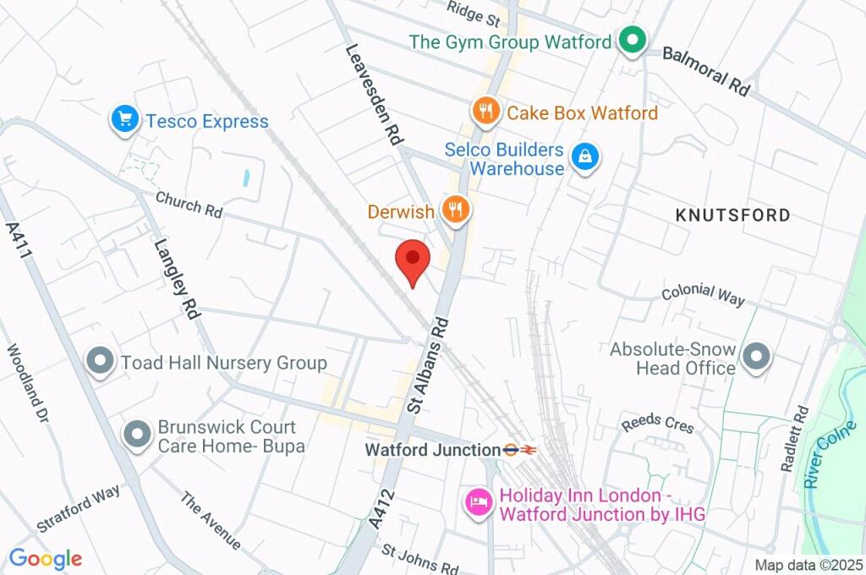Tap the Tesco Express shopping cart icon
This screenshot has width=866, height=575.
tap(125, 119)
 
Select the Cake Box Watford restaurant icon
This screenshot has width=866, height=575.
tap(485, 111)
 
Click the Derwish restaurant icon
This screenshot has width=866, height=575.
tap(456, 211)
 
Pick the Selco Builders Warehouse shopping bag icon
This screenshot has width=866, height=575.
tap(584, 156)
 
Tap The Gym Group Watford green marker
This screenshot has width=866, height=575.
tap(631, 39)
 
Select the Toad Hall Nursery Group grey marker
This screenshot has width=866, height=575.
tap(101, 362)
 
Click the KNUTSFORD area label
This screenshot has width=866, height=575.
tap(733, 215)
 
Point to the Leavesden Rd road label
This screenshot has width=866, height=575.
tap(373, 95)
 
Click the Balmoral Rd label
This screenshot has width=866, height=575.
tap(706, 70)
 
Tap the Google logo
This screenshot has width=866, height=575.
tap(46, 558)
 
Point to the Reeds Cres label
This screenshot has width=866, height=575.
tap(657, 424)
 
